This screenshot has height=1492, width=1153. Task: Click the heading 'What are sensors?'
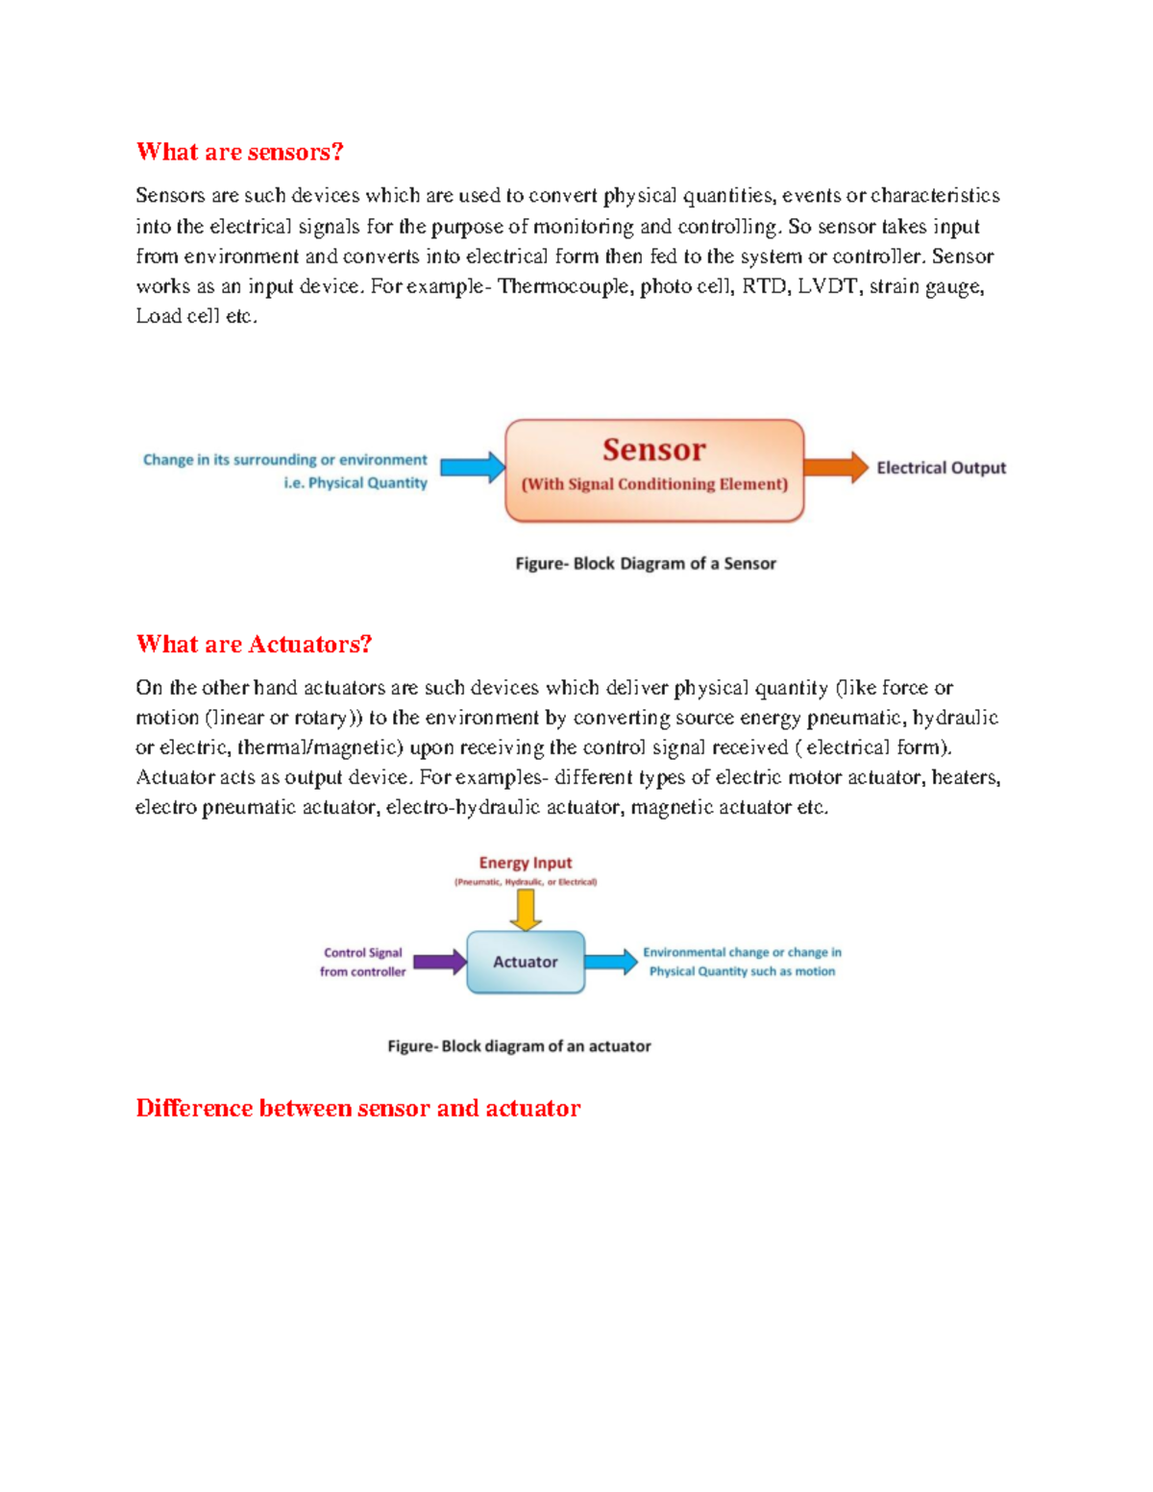(x=239, y=152)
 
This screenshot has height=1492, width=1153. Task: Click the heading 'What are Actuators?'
(x=254, y=644)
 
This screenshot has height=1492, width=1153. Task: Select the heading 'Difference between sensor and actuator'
(x=357, y=1108)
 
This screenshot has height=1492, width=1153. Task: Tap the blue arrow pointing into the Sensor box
(x=472, y=468)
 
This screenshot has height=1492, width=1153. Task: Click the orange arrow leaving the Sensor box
(x=835, y=467)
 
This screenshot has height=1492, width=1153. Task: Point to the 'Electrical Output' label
(x=941, y=468)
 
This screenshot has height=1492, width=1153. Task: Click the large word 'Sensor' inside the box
(x=653, y=450)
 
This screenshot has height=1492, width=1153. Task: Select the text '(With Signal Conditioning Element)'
(x=654, y=484)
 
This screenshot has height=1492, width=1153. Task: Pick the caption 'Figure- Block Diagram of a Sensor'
(x=646, y=564)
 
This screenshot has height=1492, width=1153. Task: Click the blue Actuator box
(x=526, y=962)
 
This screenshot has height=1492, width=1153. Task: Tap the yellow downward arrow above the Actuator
(x=526, y=909)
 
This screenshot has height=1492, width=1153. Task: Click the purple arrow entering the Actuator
(x=439, y=962)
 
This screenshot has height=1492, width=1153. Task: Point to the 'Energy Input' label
(x=526, y=863)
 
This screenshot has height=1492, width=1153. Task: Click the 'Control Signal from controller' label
(x=362, y=962)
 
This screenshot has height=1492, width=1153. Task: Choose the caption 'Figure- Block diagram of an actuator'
(x=519, y=1046)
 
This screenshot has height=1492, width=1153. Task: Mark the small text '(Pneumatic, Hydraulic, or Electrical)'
(x=526, y=882)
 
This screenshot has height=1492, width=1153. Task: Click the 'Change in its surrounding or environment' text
(x=284, y=460)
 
